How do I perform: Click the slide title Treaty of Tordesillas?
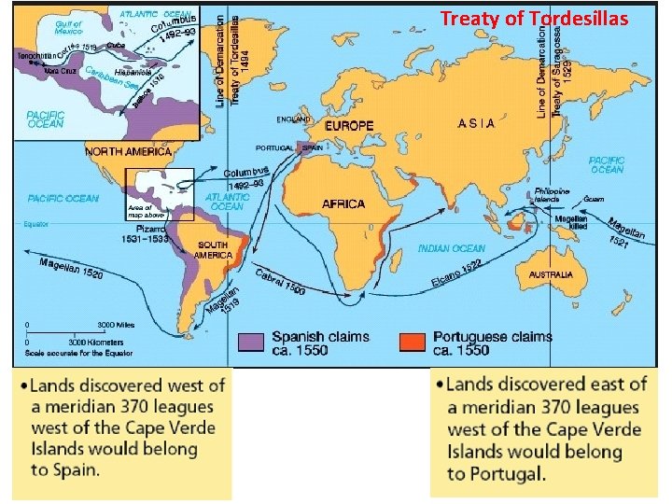pos(535,19)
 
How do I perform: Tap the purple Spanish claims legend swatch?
pos(251,343)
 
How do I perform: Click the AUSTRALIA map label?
pos(551,275)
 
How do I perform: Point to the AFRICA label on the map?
pos(343,203)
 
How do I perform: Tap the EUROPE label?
pos(349,125)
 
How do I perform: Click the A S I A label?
pos(476,123)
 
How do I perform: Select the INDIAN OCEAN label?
pos(452,249)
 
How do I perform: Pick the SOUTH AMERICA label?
pos(213,249)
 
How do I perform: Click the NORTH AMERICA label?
pos(128,151)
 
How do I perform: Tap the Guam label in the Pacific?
pos(593,199)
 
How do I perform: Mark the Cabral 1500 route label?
pos(280,284)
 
